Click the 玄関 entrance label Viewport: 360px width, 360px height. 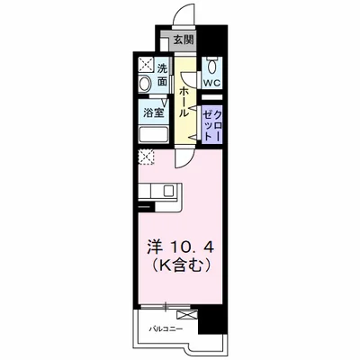[184, 40]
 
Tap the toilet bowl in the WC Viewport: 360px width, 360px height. [212, 66]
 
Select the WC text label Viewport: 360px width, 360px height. [211, 82]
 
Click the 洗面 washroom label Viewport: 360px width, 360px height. [162, 75]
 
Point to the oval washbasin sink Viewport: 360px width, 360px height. [145, 84]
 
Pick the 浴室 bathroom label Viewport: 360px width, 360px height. [153, 113]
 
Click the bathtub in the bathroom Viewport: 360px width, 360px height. [153, 135]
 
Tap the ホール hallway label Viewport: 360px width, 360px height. [184, 102]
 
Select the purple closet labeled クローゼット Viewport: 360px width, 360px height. [211, 123]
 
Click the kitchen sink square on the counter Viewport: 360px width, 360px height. [168, 190]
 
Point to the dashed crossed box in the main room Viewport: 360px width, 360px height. [147, 157]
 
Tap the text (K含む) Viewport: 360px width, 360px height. [180, 265]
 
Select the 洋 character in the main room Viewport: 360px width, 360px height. [155, 247]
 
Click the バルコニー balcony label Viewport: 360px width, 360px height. [166, 329]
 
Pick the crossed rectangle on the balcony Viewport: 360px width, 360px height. [187, 315]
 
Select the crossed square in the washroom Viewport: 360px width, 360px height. [146, 64]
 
